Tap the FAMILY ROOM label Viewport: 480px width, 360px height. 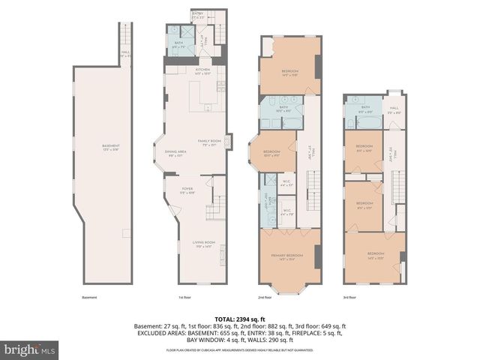(208, 142)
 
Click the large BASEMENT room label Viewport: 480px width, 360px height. (110, 147)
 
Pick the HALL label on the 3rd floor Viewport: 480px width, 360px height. (394, 109)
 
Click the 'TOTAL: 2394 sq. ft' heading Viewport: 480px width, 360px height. (239, 319)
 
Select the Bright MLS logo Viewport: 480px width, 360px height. (30, 349)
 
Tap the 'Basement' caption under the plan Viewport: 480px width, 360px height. (89, 297)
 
